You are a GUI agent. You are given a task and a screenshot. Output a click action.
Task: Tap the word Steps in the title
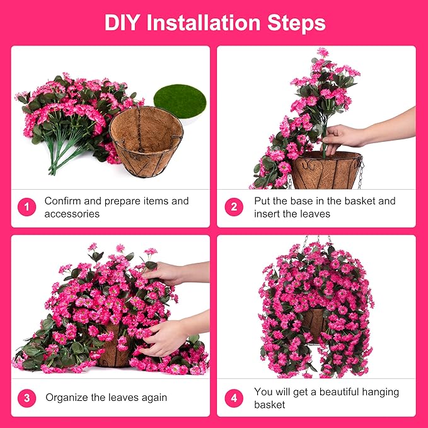[x=298, y=23]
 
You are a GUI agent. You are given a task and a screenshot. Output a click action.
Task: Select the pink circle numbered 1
[x=26, y=207]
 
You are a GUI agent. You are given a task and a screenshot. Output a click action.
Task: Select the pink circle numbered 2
[x=234, y=207]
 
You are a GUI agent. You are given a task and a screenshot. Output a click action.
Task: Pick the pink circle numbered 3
[x=26, y=398]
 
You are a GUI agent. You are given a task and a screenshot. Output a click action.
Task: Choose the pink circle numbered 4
[x=234, y=398]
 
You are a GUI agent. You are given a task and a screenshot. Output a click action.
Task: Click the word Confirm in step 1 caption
[x=64, y=201]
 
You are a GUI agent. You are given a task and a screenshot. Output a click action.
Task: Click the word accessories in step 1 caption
[x=72, y=214]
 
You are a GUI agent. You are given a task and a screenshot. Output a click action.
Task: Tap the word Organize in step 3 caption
[x=67, y=398]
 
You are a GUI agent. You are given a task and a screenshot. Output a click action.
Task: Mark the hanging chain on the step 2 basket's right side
[x=361, y=173]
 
